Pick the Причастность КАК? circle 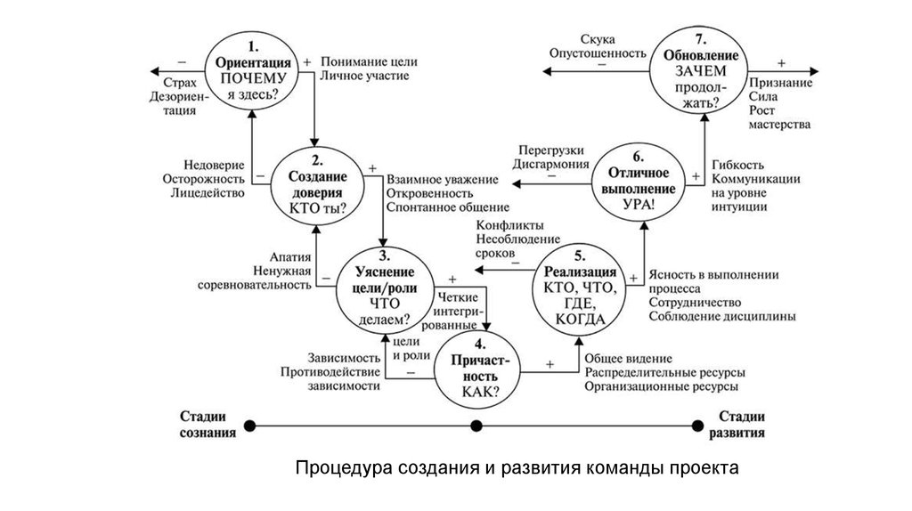480,369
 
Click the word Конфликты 510,224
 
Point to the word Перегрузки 552,150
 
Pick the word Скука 598,39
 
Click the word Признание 780,82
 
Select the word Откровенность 429,193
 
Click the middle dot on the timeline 476,426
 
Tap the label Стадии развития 741,426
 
